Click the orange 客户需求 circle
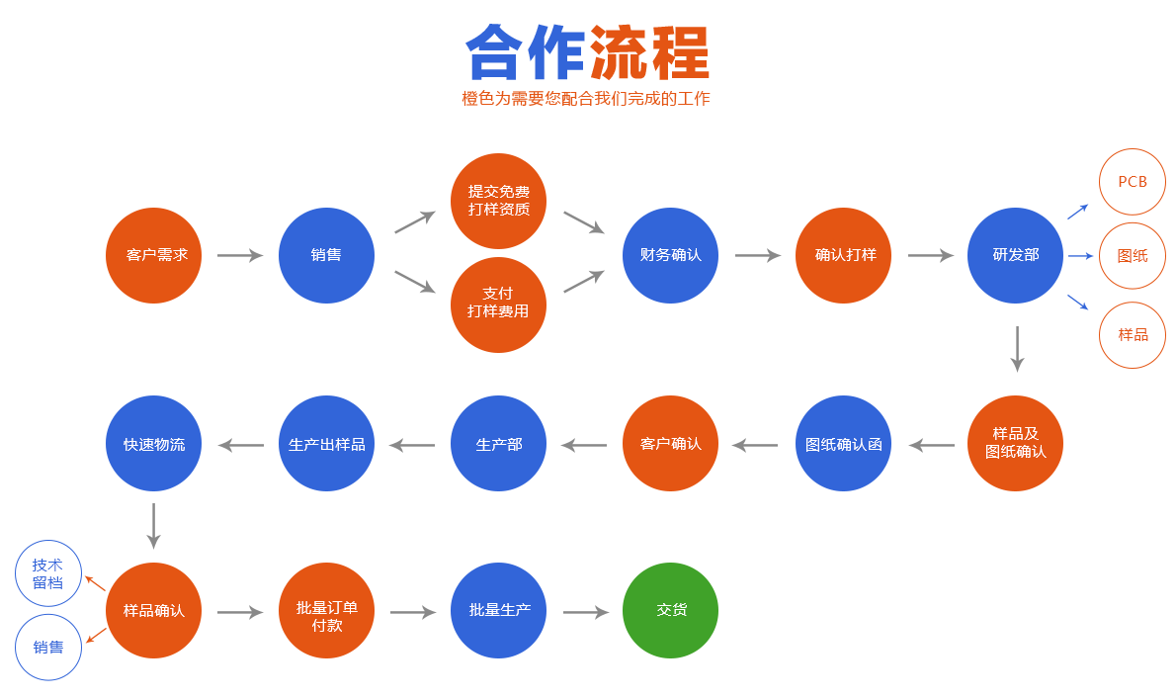153,255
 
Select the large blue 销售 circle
326,255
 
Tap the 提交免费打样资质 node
498,201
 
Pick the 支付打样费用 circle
498,304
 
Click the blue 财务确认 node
671,255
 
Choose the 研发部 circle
1015,255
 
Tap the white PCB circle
1133,182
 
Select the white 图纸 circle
1133,256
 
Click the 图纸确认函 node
843,444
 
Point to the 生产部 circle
498,444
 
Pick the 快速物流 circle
153,444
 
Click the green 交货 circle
671,610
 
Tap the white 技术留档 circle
47,573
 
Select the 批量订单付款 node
326,610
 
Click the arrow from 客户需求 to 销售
240,256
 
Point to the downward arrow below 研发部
1017,349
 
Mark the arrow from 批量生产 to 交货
586,613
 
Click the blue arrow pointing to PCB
1077,211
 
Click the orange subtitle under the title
586,99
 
